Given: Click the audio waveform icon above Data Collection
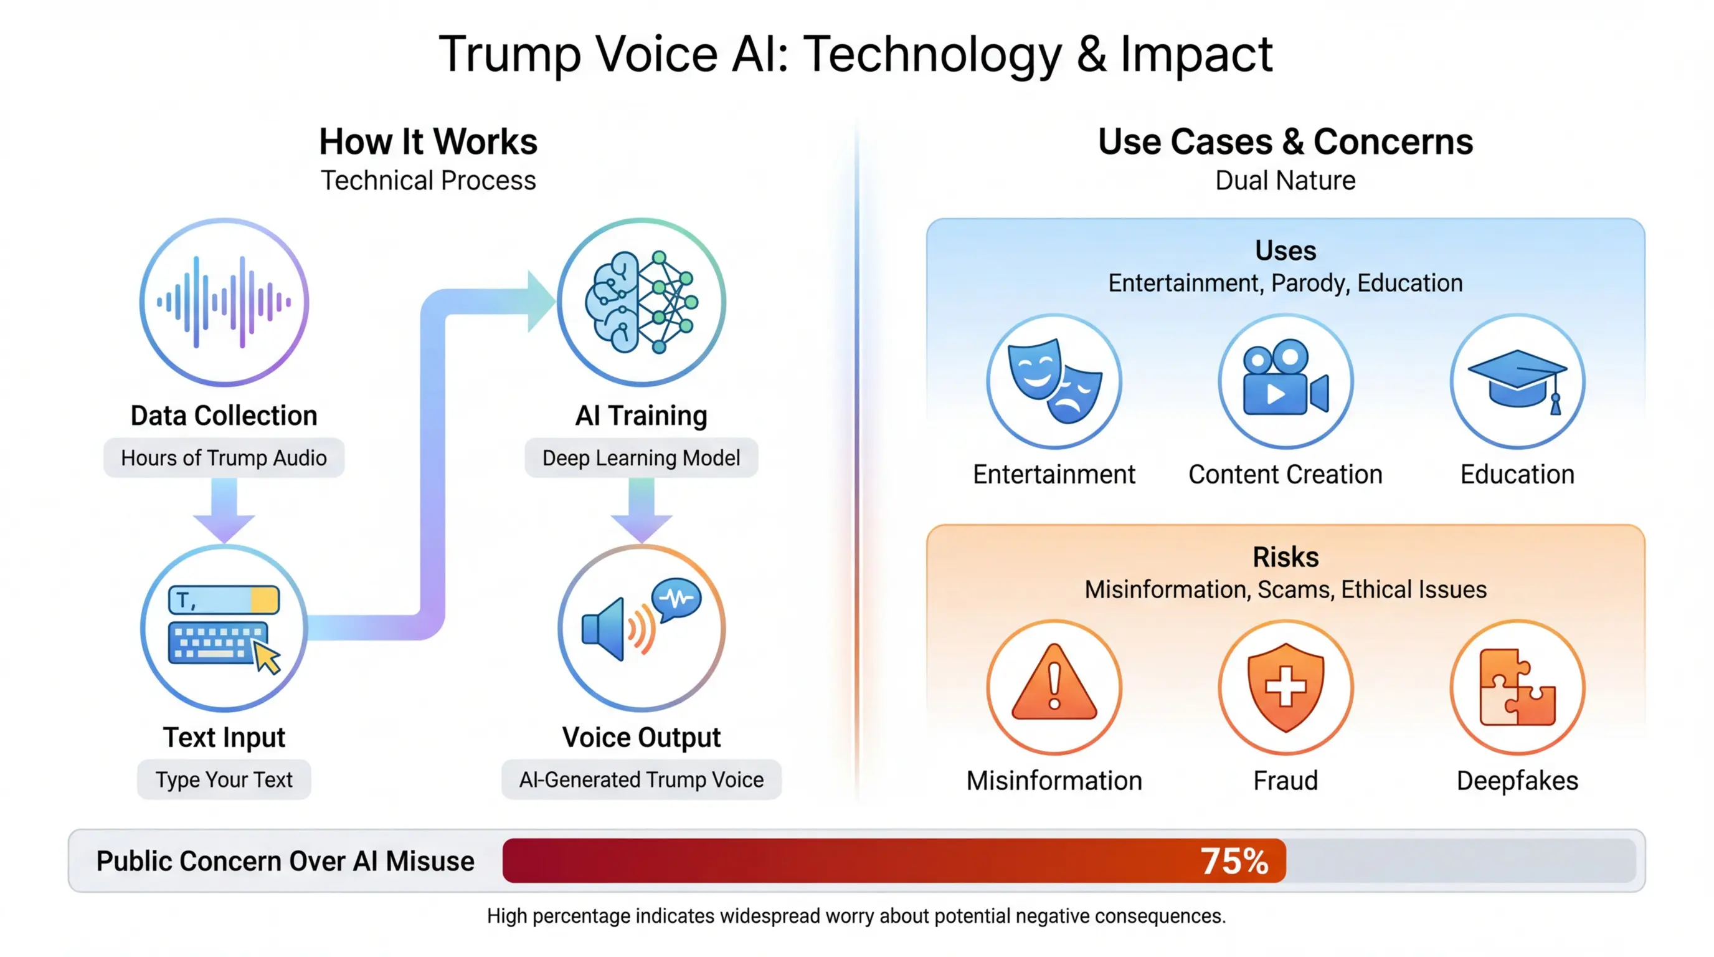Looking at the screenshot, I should (224, 302).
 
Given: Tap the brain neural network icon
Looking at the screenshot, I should (642, 302).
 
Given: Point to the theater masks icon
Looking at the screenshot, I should (1054, 381).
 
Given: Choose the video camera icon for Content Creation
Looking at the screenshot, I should (1285, 381).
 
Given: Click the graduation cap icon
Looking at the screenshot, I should (1517, 381).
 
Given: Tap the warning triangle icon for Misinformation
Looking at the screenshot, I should (1054, 685).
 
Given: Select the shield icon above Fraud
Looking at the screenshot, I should (1285, 687).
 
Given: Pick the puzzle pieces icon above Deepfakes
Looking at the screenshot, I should (1517, 687).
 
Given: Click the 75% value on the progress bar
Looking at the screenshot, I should (1234, 860).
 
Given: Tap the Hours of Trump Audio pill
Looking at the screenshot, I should (224, 458).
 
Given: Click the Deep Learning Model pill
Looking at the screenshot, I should (641, 458).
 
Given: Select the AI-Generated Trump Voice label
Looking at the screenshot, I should (641, 779).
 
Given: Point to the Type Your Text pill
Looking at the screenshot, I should (224, 779).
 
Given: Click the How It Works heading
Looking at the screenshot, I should (428, 142).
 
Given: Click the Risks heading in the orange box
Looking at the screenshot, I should (1285, 557).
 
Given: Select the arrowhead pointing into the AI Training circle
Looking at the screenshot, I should (540, 302).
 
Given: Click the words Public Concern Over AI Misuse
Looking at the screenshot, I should (285, 860).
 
